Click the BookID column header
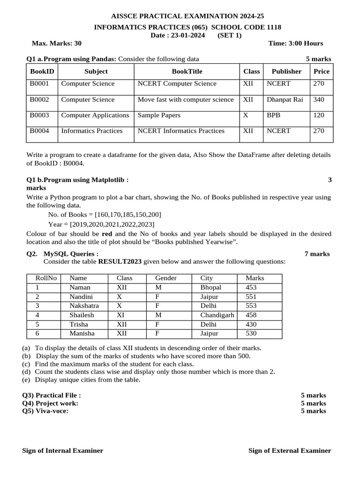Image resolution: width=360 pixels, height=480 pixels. (x=42, y=71)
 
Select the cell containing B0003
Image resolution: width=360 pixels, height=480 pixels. (x=39, y=115)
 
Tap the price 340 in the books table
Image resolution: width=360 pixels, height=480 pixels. (x=318, y=99)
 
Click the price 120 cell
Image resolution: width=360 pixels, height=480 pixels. (x=318, y=115)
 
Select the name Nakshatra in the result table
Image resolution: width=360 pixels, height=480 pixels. (x=84, y=306)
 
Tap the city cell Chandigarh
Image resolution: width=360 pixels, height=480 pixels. (x=217, y=315)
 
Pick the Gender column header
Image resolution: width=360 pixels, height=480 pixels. (x=165, y=278)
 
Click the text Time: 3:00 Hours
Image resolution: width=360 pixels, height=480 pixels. (x=295, y=43)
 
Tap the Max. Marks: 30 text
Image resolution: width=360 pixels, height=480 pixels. (x=56, y=43)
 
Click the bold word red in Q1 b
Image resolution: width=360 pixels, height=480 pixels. (x=107, y=233)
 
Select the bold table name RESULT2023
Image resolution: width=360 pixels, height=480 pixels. (x=120, y=262)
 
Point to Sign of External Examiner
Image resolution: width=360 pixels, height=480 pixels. (x=289, y=450)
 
